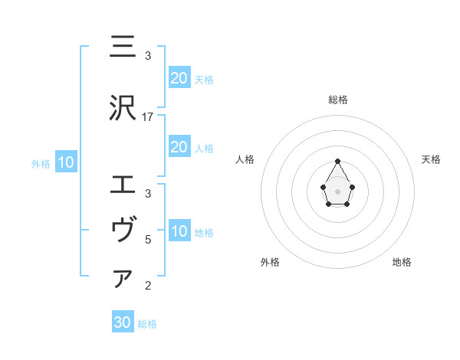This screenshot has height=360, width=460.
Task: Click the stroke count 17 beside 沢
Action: tap(148, 117)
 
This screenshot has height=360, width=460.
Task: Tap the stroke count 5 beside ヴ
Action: tap(148, 239)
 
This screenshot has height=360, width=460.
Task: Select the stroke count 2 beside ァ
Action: tap(148, 286)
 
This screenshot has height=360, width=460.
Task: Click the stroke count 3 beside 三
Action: tap(148, 55)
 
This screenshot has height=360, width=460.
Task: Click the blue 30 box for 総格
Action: tap(123, 322)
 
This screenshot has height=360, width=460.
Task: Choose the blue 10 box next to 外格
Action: tap(65, 162)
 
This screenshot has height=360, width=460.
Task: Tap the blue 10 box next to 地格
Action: tap(179, 232)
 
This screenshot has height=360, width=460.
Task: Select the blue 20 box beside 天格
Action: tap(179, 77)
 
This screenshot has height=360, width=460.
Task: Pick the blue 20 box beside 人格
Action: tap(179, 147)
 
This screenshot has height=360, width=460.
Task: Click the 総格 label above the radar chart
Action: tap(337, 100)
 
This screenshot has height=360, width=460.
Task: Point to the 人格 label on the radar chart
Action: tap(245, 160)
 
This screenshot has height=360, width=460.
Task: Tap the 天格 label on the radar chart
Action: tap(431, 160)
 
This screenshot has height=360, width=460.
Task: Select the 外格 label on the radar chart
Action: tap(270, 262)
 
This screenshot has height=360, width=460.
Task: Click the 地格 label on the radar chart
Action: tap(402, 262)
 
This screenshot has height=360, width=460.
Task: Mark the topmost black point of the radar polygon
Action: tap(337, 161)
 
